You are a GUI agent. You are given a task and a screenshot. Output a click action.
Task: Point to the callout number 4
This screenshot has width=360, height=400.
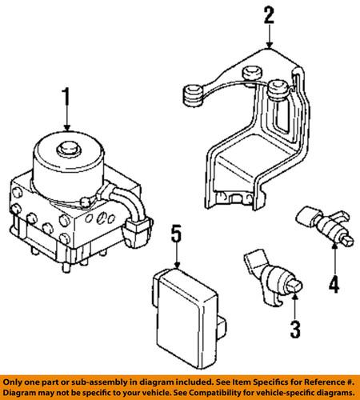pos(334,282)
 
